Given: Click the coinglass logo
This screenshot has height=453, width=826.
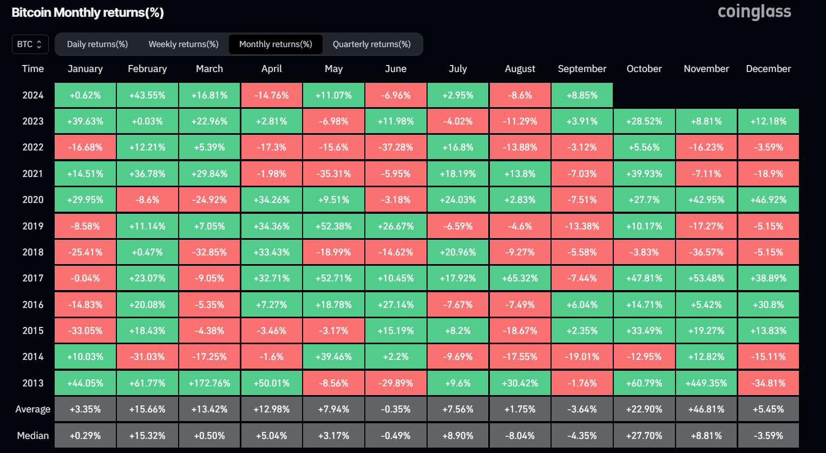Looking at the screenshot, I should [x=754, y=12].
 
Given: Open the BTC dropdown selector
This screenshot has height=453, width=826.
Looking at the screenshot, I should [x=30, y=44].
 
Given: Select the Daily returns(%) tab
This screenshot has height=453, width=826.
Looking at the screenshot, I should [x=97, y=44].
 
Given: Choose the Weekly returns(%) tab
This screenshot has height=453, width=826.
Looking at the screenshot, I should [x=183, y=44].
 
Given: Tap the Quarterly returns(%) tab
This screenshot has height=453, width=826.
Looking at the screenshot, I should [x=371, y=44].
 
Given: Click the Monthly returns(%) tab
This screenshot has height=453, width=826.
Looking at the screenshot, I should [x=276, y=44].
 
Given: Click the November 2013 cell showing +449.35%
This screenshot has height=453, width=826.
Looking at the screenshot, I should [x=706, y=383].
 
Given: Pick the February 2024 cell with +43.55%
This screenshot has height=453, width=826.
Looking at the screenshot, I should [x=147, y=95].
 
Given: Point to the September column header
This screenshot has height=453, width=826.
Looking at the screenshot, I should [x=582, y=69].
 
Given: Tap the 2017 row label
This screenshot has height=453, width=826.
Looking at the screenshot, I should [x=33, y=278].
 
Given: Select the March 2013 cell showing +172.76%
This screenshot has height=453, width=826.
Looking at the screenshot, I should [x=209, y=383].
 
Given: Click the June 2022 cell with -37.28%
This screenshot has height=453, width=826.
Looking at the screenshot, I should [x=396, y=147].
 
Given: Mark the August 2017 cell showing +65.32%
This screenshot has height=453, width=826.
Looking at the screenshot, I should [x=520, y=278].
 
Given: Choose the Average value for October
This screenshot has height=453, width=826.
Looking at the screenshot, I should [x=644, y=409].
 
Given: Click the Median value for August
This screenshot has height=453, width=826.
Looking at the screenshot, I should [x=520, y=436].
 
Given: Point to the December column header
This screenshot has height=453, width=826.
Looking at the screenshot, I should [x=768, y=69].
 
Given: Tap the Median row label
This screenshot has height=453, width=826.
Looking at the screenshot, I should [x=33, y=436].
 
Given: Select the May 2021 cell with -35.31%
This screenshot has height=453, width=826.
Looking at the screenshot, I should [x=333, y=174].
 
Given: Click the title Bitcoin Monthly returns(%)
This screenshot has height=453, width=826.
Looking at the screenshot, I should [x=88, y=12].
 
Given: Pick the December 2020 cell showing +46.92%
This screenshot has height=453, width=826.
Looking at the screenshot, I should [x=768, y=200].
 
